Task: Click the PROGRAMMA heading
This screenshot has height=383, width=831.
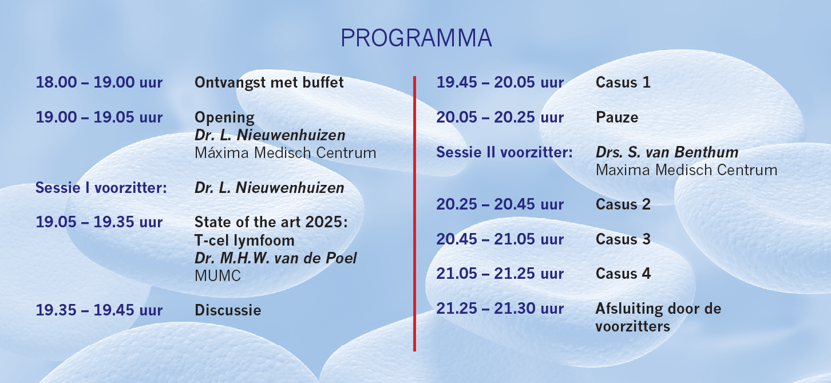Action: pos(416,38)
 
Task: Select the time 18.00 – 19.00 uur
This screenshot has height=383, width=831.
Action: pos(99,82)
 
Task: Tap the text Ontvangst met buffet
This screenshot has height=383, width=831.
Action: pos(269,82)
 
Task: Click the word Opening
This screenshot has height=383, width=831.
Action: pos(224,118)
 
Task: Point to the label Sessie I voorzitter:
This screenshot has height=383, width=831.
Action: pos(101,188)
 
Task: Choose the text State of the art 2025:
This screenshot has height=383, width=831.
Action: pos(271,222)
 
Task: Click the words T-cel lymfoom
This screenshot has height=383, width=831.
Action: pos(244,240)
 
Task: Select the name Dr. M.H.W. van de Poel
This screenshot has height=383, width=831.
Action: pos(275,258)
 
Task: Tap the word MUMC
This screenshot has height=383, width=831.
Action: pos(217,275)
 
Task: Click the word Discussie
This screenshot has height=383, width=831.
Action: pos(228,310)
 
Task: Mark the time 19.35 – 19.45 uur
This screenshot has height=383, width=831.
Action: pos(99,310)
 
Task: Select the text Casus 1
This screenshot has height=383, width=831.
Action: pos(623,82)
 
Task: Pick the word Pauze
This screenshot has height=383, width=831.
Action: pos(617,118)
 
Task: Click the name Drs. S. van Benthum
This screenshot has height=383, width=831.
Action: pos(667,153)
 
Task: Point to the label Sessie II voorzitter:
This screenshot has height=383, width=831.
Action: pos(504,153)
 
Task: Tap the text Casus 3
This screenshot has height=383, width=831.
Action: pos(623,239)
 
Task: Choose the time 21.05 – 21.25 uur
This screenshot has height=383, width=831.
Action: pos(500,274)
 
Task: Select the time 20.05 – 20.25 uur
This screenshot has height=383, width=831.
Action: pos(500,118)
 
